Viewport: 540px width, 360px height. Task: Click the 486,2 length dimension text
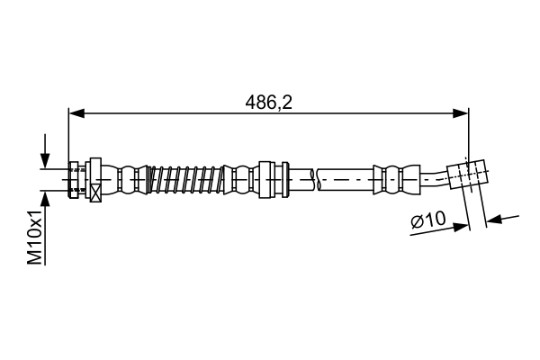pyautogui.click(x=268, y=103)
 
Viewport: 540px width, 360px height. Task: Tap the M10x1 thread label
pyautogui.click(x=35, y=237)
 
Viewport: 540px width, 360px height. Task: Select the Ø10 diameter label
pyautogui.click(x=428, y=219)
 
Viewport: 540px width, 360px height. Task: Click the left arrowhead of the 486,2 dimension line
pyautogui.click(x=76, y=113)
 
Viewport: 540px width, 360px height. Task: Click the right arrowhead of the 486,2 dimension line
pyautogui.click(x=461, y=113)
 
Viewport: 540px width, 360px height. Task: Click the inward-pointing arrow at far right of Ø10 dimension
pyautogui.click(x=502, y=219)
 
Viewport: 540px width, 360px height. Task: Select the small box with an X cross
pyautogui.click(x=95, y=193)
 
